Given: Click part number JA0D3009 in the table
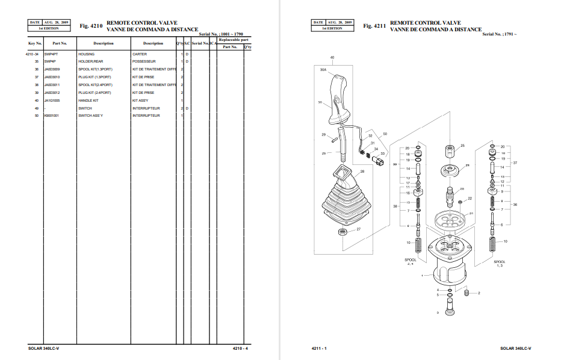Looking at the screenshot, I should (x=52, y=69).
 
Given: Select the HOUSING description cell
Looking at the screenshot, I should (x=86, y=54).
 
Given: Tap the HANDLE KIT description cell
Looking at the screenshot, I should (x=88, y=101).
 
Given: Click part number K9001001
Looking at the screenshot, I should (x=52, y=116).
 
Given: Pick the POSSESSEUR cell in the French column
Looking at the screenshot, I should (x=144, y=61).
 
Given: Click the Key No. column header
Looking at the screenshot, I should (x=35, y=43).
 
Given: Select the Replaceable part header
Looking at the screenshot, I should (x=234, y=40).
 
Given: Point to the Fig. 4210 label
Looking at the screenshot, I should (x=92, y=26).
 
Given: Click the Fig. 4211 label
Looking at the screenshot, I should (x=375, y=26).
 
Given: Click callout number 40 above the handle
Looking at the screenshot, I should (x=332, y=57).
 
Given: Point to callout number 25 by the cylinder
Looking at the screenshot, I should (x=462, y=146).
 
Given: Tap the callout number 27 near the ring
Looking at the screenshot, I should (x=358, y=229).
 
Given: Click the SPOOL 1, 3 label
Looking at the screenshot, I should (x=500, y=264).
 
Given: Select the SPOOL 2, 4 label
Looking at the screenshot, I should (x=410, y=262).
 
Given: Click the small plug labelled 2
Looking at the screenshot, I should (x=468, y=293).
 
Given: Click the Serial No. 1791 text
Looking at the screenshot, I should (x=500, y=34).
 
